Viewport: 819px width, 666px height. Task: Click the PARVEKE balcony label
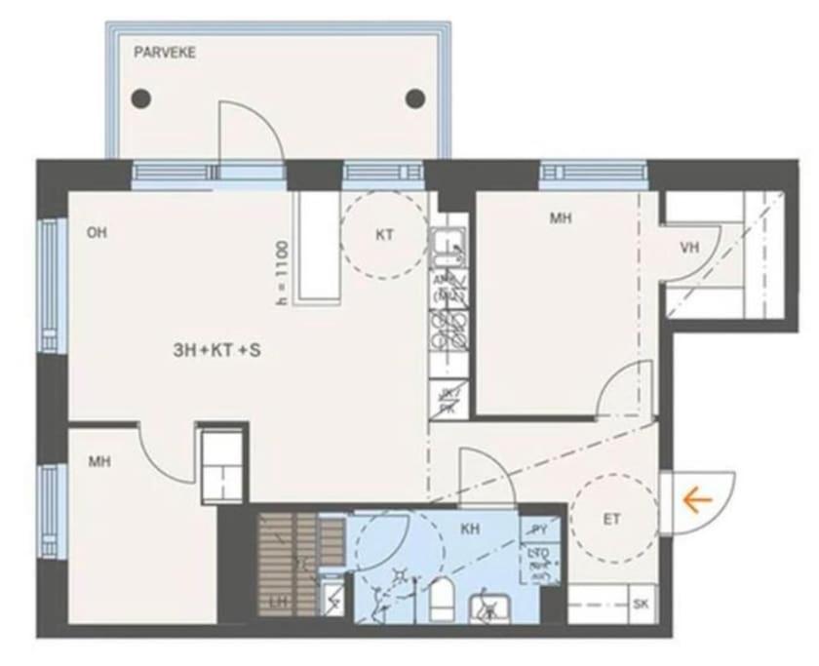[x=165, y=53]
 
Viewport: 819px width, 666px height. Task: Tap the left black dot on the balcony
[x=142, y=98]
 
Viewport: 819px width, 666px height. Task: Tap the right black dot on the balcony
[x=416, y=98]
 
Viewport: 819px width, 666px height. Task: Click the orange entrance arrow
[x=697, y=501]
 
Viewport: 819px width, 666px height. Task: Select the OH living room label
[x=96, y=232]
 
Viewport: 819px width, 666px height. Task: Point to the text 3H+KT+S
[x=215, y=348]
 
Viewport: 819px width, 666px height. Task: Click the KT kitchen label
[x=384, y=235]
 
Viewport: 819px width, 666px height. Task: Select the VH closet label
[x=690, y=248]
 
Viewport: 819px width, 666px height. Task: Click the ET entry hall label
[x=611, y=520]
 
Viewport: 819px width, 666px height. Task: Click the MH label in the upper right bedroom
[x=560, y=219]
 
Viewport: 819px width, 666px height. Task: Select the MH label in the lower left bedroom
[x=97, y=461]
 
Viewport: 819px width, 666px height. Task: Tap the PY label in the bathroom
[x=539, y=529]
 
